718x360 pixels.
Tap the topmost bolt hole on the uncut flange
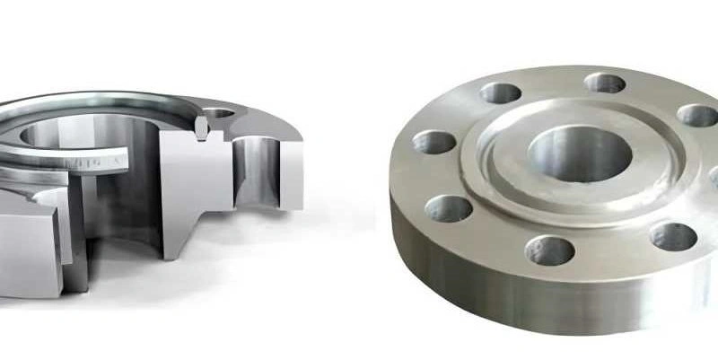click(605, 83)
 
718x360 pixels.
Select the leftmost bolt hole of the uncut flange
click(433, 142)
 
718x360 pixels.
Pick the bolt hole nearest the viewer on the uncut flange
click(550, 250)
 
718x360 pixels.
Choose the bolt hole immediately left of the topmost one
click(500, 92)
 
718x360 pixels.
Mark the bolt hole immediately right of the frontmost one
click(673, 236)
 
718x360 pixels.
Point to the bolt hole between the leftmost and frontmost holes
click(448, 208)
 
